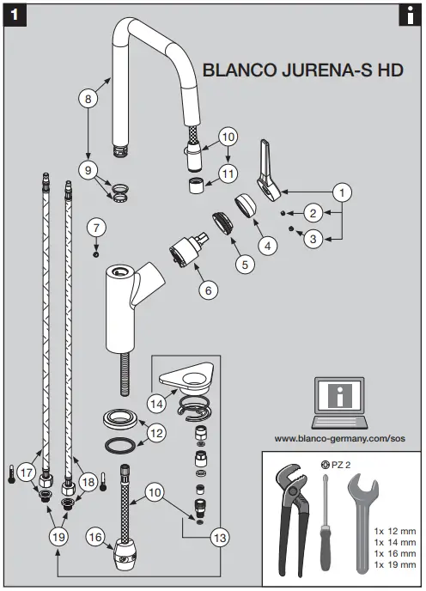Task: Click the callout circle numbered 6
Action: [206, 290]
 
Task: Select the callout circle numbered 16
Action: [95, 537]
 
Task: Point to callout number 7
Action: [97, 228]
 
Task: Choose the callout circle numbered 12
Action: [155, 434]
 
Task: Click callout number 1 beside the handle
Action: [343, 192]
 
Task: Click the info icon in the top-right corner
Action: [409, 15]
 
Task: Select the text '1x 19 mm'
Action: [395, 565]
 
